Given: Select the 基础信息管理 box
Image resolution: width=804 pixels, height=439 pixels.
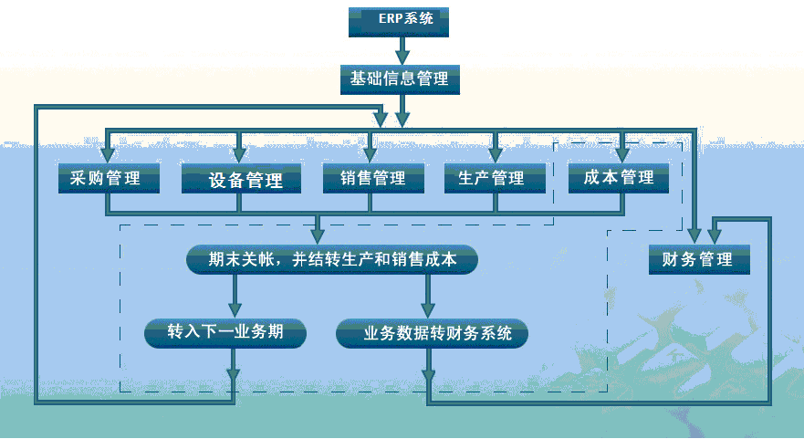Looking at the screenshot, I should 399,79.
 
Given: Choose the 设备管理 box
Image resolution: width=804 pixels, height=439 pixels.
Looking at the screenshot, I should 240,179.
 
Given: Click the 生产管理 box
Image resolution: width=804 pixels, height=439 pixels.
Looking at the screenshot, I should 496,178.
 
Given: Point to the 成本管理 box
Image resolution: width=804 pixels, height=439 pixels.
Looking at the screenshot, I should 618,177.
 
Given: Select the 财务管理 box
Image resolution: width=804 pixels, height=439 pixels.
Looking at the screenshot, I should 698,259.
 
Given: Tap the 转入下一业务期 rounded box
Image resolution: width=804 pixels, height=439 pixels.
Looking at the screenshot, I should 224,332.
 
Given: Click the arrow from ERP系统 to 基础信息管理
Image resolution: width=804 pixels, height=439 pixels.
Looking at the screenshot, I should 400,50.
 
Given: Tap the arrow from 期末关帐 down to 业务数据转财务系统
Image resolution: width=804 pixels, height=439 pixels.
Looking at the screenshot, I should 427,296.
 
